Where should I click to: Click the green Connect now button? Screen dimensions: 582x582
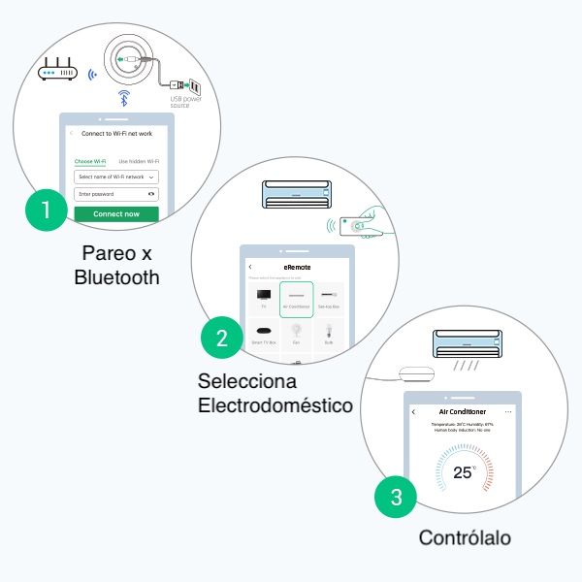tap(116, 213)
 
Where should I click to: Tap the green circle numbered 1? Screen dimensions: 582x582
tap(44, 209)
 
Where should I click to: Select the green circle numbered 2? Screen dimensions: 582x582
tap(222, 338)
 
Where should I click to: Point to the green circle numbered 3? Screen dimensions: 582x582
tap(396, 499)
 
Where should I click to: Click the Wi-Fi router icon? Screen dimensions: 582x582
tap(57, 70)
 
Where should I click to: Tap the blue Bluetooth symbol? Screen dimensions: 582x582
tap(123, 97)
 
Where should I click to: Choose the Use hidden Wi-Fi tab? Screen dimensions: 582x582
tap(139, 161)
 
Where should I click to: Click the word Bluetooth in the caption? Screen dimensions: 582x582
tap(116, 278)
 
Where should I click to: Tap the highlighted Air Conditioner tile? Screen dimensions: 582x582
tap(296, 298)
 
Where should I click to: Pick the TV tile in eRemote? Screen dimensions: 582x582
tap(263, 298)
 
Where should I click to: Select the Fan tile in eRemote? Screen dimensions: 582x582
tap(296, 335)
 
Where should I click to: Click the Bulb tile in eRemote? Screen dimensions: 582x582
tap(330, 335)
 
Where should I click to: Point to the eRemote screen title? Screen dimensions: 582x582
tap(297, 266)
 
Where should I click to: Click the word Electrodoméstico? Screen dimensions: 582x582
tap(275, 404)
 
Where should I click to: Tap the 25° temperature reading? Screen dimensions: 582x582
tap(465, 472)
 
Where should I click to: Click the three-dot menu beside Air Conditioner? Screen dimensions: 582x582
tap(507, 412)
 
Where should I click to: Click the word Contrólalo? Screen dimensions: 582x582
tap(465, 537)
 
